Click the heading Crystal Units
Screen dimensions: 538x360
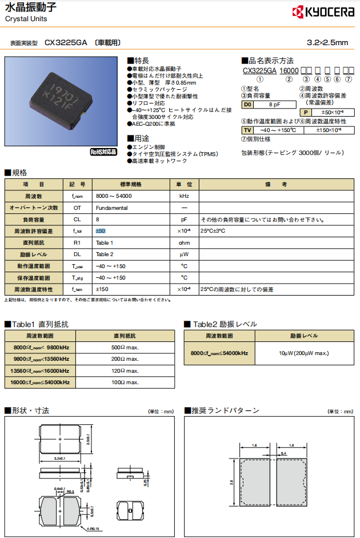pyautogui.click(x=26, y=19)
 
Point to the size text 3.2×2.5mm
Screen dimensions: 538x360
pyautogui.click(x=327, y=42)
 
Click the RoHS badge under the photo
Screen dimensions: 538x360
pyautogui.click(x=103, y=152)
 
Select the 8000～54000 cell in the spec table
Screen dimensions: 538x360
pyautogui.click(x=114, y=196)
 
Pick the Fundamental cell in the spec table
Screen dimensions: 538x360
pyautogui.click(x=112, y=208)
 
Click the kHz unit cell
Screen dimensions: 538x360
pyautogui.click(x=185, y=196)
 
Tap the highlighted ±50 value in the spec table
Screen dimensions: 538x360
pyautogui.click(x=100, y=231)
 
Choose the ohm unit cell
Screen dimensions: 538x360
pyautogui.click(x=185, y=242)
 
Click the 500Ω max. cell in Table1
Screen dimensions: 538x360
pyautogui.click(x=125, y=347)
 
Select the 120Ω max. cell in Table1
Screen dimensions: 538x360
pyautogui.click(x=125, y=370)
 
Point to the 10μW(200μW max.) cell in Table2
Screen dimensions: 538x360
pyautogui.click(x=303, y=353)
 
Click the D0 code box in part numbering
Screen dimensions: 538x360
pyautogui.click(x=247, y=105)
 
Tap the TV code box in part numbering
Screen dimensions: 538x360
pyautogui.click(x=247, y=130)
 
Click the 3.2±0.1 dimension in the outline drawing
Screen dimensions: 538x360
pyautogui.click(x=59, y=458)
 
